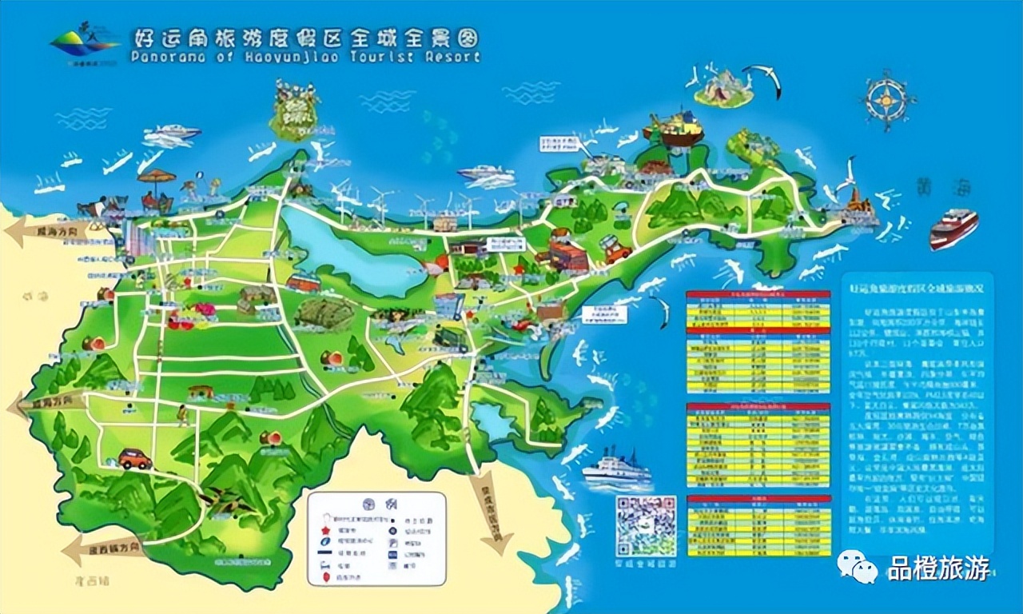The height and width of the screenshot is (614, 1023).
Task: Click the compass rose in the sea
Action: click(888, 99)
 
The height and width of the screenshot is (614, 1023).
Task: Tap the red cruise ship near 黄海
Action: click(953, 228)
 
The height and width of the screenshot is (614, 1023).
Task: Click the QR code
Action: click(646, 525)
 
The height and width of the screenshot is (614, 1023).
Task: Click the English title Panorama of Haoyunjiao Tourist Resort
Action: click(304, 57)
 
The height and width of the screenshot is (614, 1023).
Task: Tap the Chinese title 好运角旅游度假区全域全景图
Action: click(304, 38)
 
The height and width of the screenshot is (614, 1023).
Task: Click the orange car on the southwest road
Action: click(135, 458)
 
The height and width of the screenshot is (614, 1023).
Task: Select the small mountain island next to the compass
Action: click(724, 88)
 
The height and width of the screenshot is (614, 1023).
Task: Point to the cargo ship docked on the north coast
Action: click(674, 130)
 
